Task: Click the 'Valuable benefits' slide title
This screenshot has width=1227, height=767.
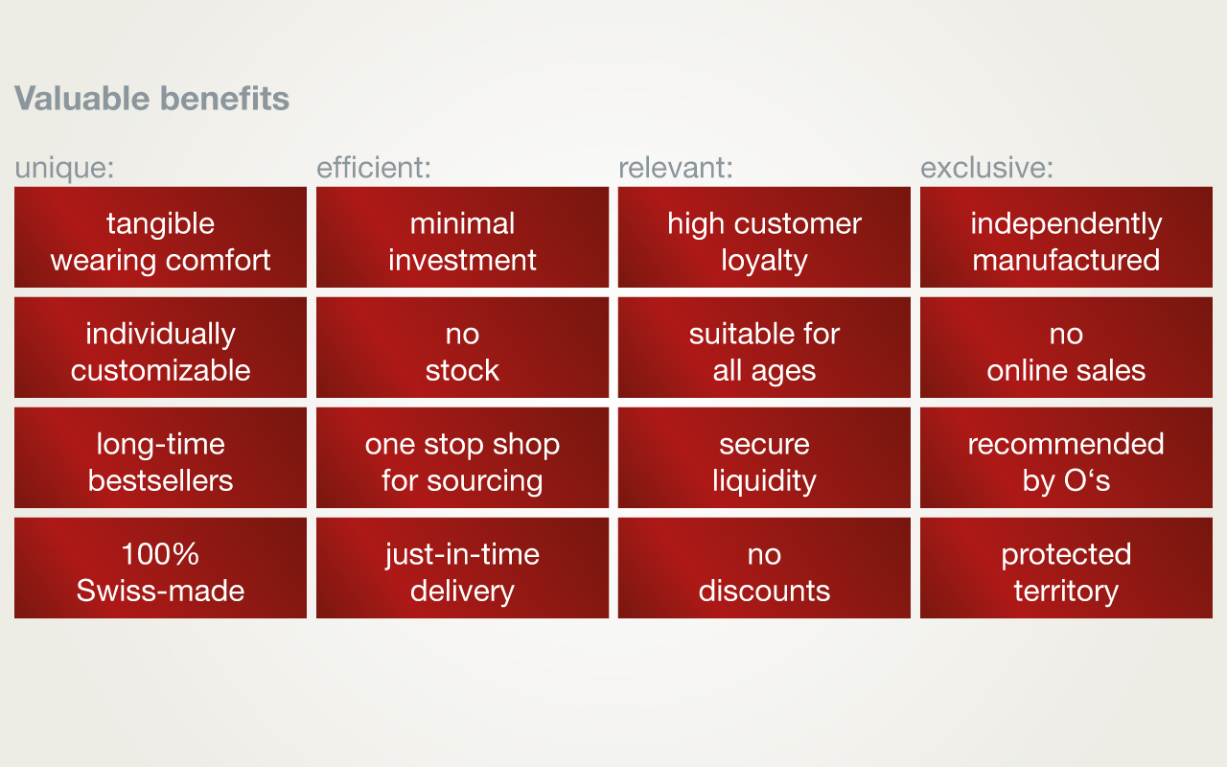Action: [151, 99]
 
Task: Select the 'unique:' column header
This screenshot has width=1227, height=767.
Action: [64, 168]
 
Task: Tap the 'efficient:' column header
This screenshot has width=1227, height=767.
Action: [374, 167]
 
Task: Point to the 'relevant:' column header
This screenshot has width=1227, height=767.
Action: [676, 168]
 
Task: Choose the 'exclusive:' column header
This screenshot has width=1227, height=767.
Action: [986, 168]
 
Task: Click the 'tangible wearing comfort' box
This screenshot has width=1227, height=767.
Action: [160, 237]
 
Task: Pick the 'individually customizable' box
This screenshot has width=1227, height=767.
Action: [160, 347]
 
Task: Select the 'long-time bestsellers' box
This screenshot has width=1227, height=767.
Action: [160, 457]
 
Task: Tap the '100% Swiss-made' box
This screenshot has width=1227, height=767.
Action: [160, 569]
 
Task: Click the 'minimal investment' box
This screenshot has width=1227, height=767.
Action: [462, 237]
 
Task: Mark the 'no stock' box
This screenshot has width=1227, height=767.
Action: [462, 347]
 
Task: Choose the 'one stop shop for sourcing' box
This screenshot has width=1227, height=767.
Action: [462, 457]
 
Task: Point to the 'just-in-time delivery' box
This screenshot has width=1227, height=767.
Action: [462, 569]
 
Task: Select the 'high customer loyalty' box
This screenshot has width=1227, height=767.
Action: [764, 237]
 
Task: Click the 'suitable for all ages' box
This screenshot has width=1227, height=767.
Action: [764, 347]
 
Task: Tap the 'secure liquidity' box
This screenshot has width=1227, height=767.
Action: [764, 457]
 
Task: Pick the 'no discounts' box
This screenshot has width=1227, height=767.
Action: [764, 569]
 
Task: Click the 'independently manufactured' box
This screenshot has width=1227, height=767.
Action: [1066, 237]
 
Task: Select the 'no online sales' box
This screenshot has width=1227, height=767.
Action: [1066, 347]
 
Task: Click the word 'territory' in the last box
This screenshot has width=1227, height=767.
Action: [1066, 592]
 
